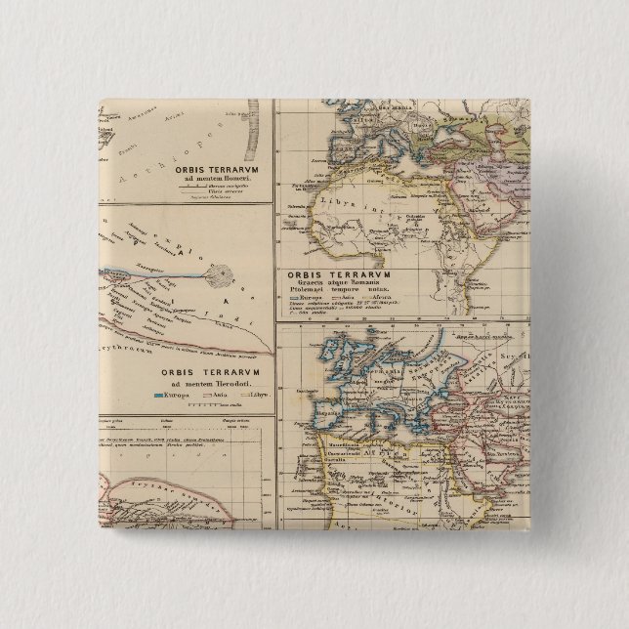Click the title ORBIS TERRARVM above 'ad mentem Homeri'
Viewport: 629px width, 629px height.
tap(215, 167)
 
